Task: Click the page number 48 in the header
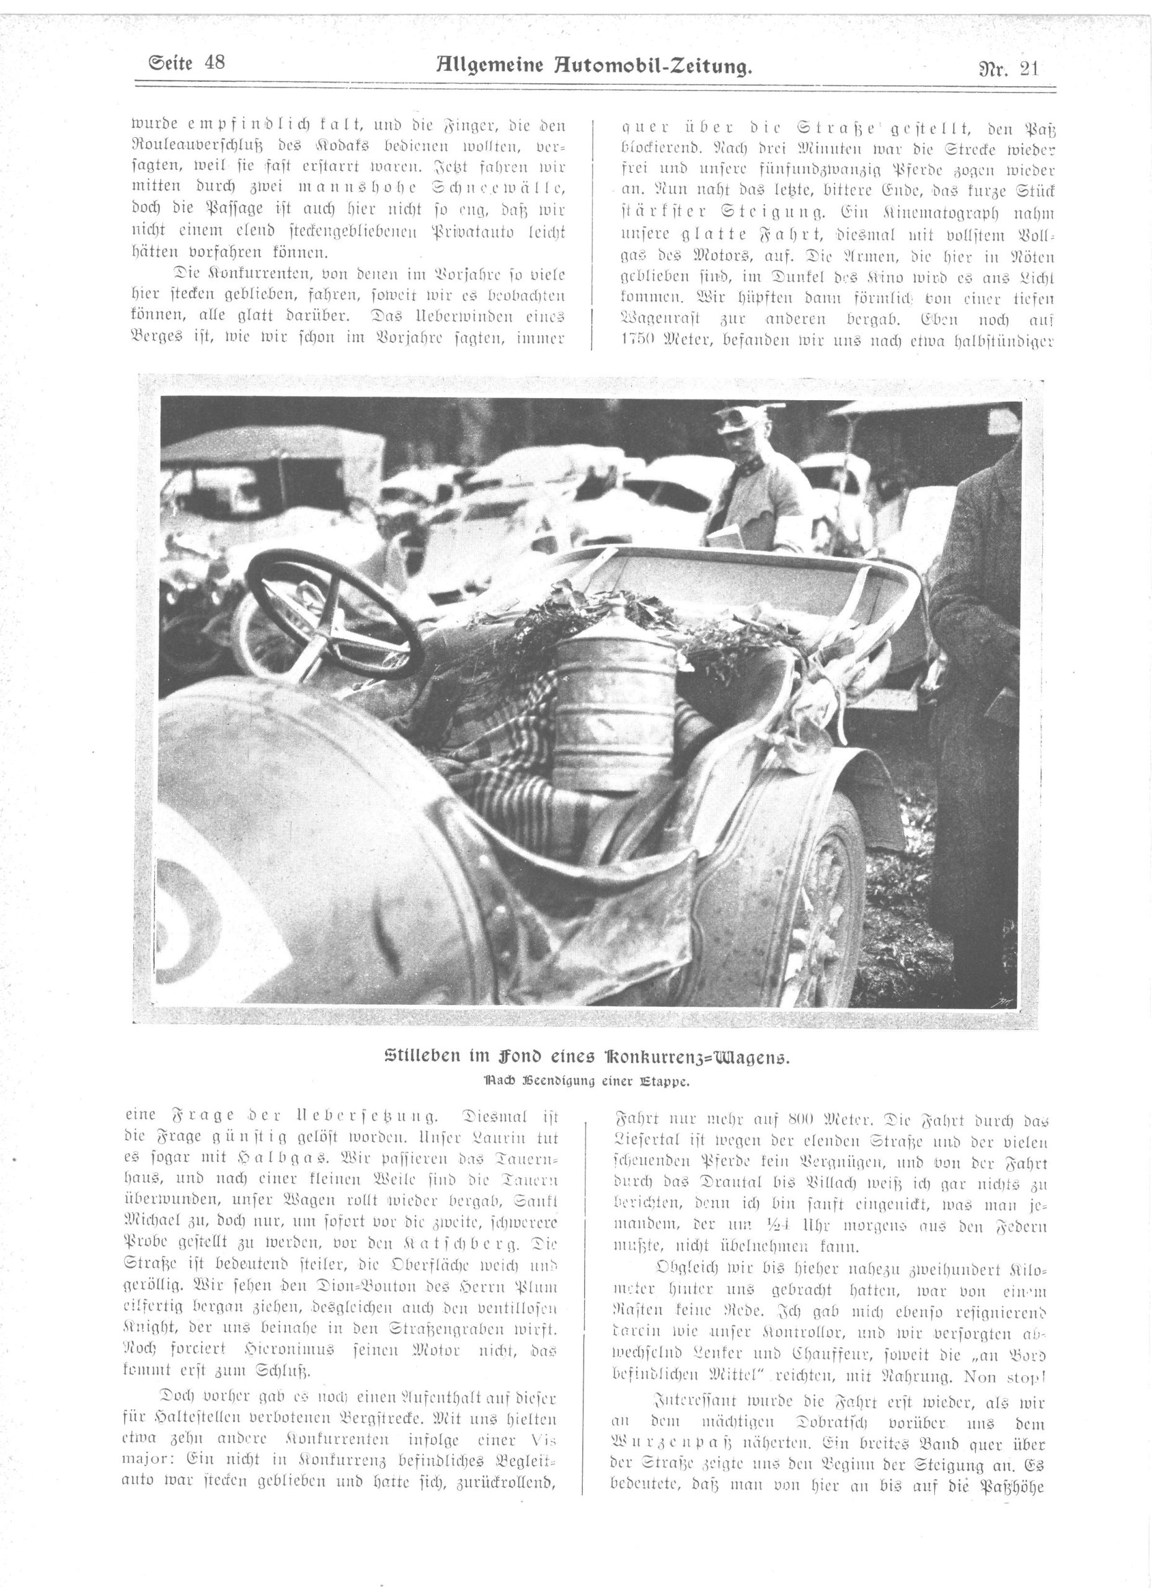click(211, 63)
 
